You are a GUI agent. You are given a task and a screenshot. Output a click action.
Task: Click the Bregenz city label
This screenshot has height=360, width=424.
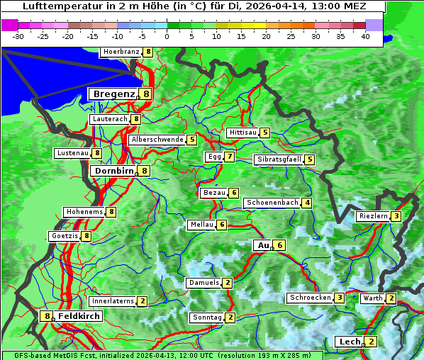[113, 94]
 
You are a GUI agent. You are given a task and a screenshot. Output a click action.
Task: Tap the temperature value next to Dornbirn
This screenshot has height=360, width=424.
[144, 171]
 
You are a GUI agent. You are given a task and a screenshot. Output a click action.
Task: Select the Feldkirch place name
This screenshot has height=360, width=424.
[79, 316]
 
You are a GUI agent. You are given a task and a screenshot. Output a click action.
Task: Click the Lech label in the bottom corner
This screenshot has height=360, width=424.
[350, 342]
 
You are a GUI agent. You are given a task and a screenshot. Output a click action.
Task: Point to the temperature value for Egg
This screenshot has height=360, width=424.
[230, 157]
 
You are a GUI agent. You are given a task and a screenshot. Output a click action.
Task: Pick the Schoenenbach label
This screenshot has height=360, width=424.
[272, 203]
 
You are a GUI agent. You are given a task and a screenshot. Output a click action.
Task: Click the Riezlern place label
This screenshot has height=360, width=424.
[373, 216]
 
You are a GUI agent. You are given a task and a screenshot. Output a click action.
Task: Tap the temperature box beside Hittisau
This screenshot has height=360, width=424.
[264, 133]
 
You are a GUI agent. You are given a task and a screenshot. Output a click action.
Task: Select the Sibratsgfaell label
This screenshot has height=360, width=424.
[279, 159]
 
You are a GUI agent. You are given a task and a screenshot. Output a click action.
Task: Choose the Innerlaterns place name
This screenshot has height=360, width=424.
[112, 301]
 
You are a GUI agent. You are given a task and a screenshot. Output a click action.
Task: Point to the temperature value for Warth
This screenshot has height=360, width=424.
[391, 298]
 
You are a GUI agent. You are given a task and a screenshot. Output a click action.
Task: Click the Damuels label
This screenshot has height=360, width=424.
[203, 283]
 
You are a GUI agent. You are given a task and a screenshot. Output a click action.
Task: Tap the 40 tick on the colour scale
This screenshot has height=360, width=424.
[365, 35]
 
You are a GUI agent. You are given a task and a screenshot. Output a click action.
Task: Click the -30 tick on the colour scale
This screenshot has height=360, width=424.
[19, 35]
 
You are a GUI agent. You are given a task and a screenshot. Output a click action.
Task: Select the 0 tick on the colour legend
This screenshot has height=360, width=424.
[167, 35]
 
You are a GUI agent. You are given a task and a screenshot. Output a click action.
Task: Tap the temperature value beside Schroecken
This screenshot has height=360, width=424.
[340, 298]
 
